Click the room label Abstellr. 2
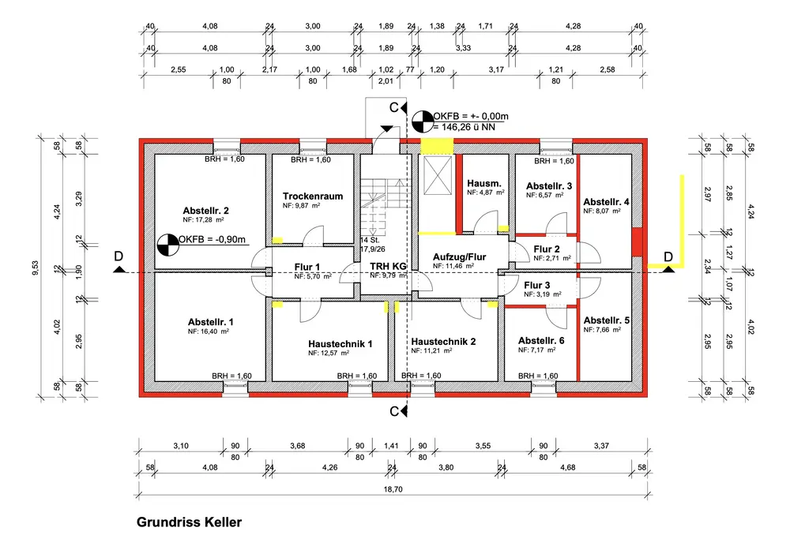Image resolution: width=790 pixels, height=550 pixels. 205,211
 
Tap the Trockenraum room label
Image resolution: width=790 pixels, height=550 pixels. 312,196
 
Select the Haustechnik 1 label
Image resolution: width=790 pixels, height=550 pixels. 340,344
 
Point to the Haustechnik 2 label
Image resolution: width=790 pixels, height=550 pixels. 443,342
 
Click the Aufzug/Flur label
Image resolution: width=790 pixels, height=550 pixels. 460,256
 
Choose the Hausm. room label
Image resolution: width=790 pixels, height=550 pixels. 484,183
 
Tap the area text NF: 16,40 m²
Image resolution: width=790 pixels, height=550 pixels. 209,331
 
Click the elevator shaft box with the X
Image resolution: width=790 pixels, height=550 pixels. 438,175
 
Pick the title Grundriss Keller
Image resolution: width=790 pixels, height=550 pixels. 189,522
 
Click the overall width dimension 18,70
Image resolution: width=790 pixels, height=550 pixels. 393,489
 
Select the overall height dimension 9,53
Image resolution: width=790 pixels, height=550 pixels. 36,268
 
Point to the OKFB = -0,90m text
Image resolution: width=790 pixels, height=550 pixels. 212,240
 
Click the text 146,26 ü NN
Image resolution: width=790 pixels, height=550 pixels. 468,127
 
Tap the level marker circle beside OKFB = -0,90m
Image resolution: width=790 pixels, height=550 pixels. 167,245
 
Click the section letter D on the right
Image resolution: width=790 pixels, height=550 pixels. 668,256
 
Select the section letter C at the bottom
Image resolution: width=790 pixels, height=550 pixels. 394,412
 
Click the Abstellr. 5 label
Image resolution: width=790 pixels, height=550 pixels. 607,320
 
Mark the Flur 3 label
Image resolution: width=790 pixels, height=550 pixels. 536,286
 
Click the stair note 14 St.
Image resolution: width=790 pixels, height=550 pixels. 370,240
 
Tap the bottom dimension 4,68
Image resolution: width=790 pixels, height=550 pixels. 567,467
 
